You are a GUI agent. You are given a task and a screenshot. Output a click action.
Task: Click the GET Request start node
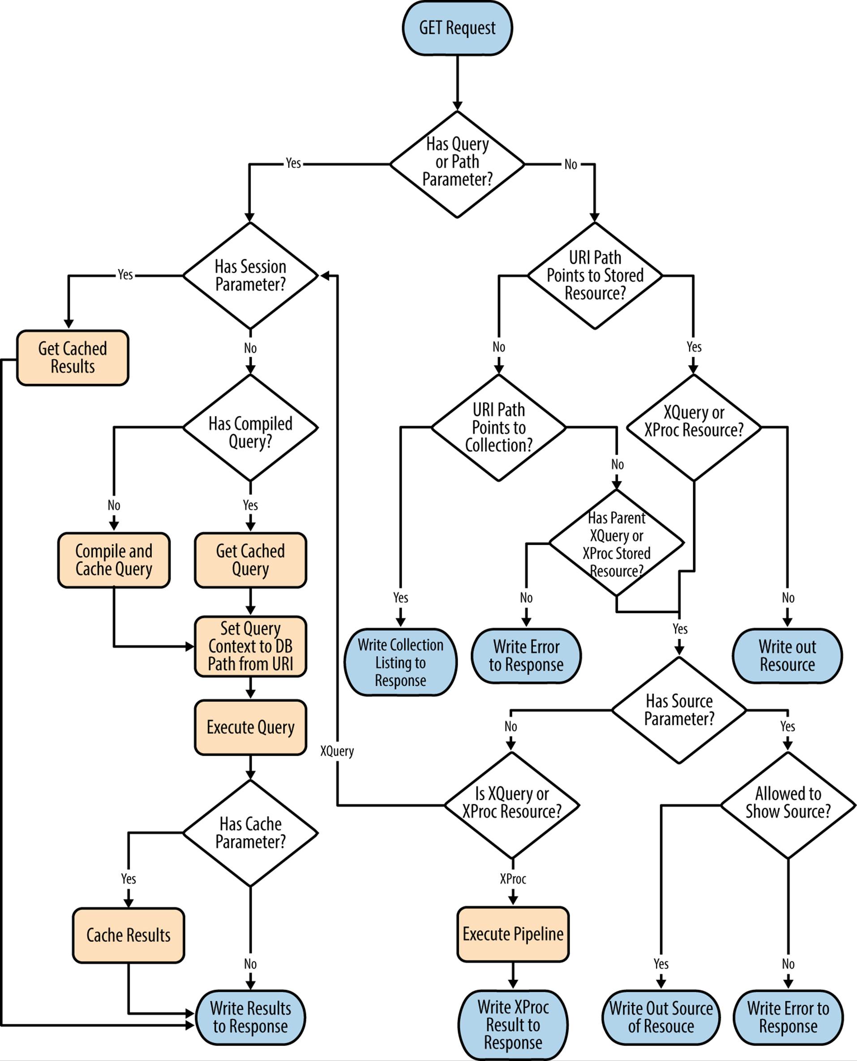coord(457,28)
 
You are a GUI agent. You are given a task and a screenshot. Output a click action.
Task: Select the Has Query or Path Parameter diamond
coord(457,163)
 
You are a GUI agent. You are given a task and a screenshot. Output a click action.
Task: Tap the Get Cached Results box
coord(73,358)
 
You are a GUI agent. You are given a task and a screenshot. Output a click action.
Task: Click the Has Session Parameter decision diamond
coord(250,275)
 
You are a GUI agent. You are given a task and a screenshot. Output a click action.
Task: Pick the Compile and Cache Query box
coord(114,560)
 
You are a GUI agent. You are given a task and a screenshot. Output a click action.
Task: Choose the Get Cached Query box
coord(250,560)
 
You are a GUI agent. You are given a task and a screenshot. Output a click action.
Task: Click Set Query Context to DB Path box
coord(250,646)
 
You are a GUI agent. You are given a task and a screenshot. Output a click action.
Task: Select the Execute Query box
coord(250,727)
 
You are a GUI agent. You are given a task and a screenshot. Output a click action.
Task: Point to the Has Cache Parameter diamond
coord(250,833)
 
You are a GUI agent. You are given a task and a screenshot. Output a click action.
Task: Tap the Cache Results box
coord(129,935)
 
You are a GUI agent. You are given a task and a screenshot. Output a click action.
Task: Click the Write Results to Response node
coord(250,1017)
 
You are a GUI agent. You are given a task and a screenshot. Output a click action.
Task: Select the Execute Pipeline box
coord(513,934)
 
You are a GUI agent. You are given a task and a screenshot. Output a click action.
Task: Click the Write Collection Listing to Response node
coord(400,662)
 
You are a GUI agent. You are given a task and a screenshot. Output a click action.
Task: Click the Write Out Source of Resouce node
coord(661,1017)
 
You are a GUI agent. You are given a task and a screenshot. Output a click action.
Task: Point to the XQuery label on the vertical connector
coord(337,751)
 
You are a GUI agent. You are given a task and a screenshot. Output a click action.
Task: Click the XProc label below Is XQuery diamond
coord(513,878)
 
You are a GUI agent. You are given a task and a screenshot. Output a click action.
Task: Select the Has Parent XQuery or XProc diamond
coord(616,544)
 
